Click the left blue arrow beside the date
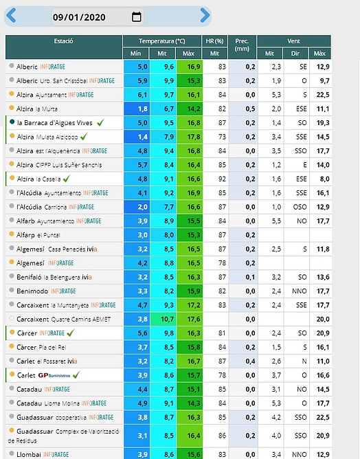11,16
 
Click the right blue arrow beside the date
205,16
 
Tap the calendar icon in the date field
137,16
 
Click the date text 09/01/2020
79,17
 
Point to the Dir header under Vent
295,54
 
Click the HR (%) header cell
214,41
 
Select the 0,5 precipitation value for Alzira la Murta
250,109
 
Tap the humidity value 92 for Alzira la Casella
222,179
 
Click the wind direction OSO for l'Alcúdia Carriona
300,207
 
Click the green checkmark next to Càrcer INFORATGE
71,333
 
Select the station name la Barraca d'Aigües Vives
55,123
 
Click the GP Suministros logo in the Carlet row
54,375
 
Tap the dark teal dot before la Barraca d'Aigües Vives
12,122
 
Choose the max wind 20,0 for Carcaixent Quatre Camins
323,319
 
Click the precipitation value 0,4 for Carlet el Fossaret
250,361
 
